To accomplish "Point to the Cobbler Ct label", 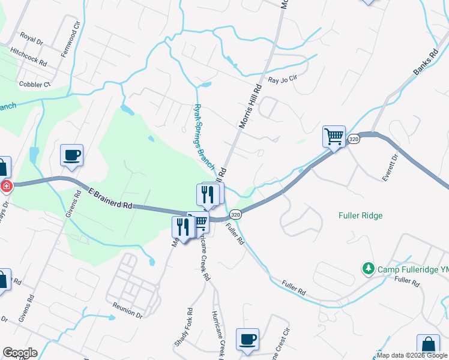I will click(35, 85).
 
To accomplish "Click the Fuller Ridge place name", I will click(360, 215).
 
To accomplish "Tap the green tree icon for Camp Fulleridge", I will click(368, 269).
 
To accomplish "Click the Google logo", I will click(20, 353).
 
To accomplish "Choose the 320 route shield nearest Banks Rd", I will click(354, 139).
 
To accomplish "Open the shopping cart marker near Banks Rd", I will click(334, 136).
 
